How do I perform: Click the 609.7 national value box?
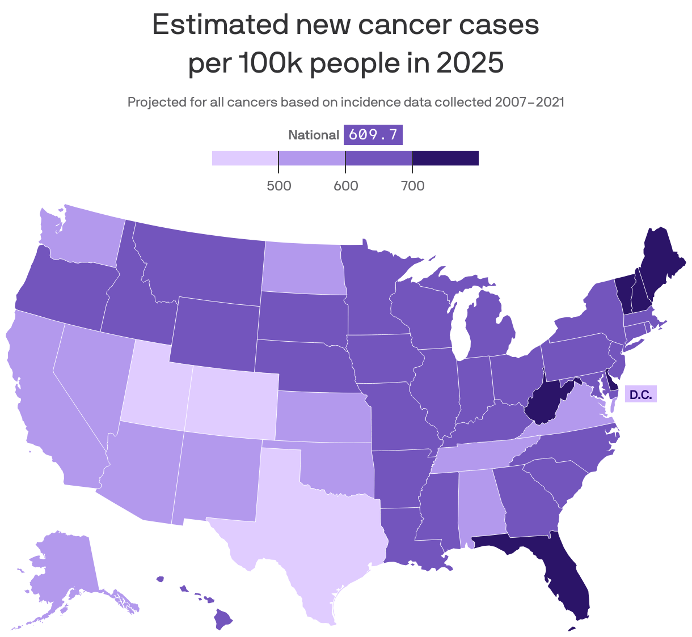click(x=373, y=135)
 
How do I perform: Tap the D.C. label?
click(x=640, y=394)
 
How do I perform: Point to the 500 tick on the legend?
click(x=279, y=185)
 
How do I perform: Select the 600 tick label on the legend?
click(x=345, y=185)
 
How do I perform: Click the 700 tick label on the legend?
click(x=412, y=185)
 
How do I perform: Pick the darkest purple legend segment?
click(x=445, y=158)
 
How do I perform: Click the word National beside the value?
click(x=314, y=135)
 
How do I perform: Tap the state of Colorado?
click(x=231, y=402)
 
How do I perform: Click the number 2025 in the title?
click(x=469, y=62)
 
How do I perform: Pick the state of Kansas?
click(x=323, y=417)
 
